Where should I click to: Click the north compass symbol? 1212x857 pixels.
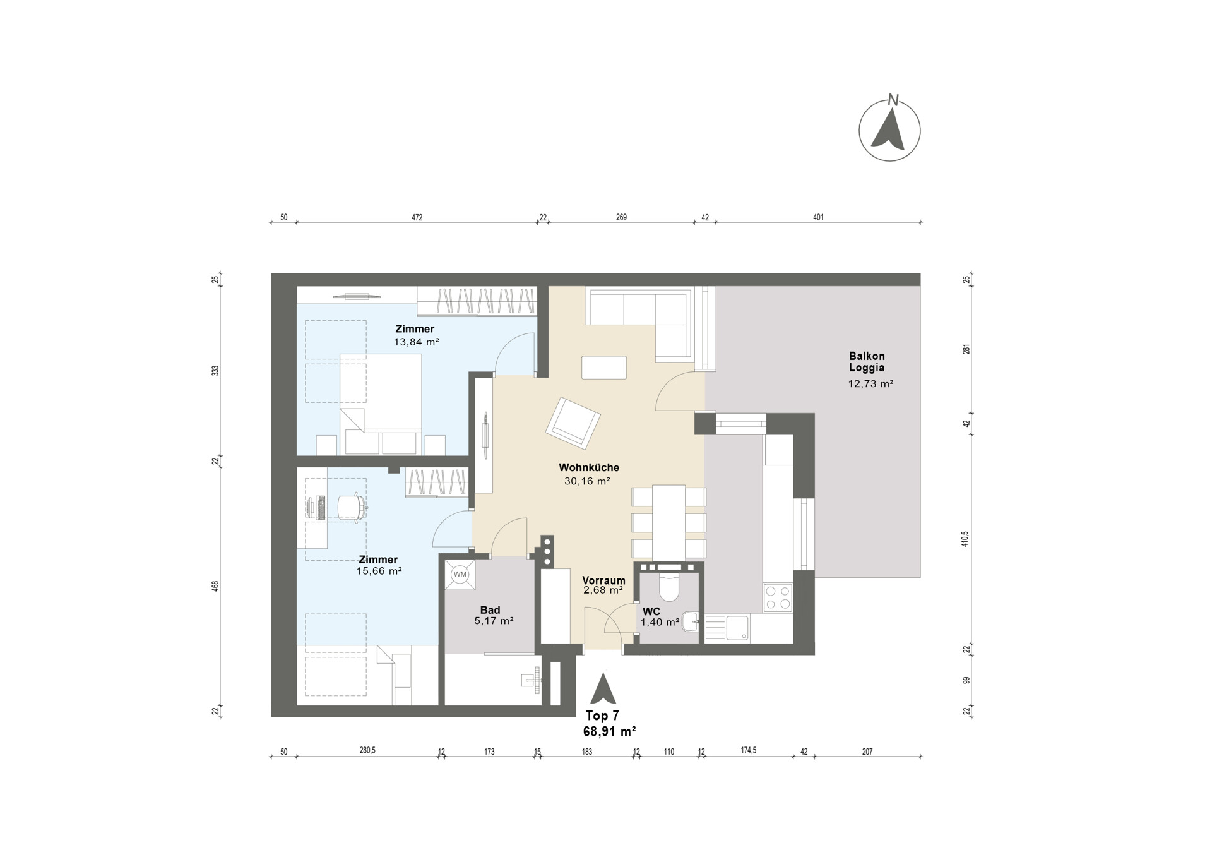[x=889, y=130]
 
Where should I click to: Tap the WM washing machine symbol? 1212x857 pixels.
[x=460, y=574]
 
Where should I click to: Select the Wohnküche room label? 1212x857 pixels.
[x=589, y=468]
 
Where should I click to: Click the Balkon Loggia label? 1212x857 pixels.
[x=867, y=362]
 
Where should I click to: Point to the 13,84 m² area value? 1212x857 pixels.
[x=417, y=342]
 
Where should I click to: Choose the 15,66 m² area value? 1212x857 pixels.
[x=379, y=571]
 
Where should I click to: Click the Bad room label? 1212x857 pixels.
[x=490, y=610]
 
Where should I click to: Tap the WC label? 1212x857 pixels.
[x=651, y=612]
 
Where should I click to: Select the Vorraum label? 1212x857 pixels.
[x=604, y=580]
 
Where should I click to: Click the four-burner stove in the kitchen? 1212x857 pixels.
[x=778, y=597]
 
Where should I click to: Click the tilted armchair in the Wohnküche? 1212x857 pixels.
[x=573, y=423]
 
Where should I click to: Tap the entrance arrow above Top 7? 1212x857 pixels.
[x=603, y=688]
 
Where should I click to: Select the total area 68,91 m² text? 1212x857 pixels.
[x=609, y=731]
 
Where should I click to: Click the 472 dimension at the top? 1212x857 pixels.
[x=417, y=218]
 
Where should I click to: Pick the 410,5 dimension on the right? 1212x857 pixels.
[x=965, y=539]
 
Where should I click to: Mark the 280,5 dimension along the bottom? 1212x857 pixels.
[x=367, y=751]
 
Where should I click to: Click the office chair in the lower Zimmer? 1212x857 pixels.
[x=352, y=506]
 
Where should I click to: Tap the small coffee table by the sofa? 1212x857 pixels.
[x=604, y=368]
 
